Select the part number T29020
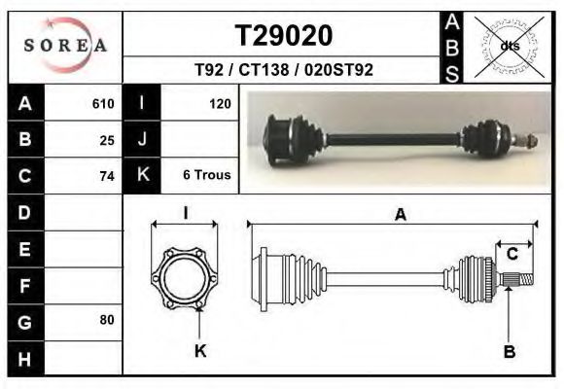pyautogui.click(x=284, y=35)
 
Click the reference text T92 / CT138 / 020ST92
pyautogui.click(x=284, y=70)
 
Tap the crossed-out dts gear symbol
pyautogui.click(x=509, y=46)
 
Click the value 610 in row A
pyautogui.click(x=103, y=103)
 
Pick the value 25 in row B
pyautogui.click(x=107, y=139)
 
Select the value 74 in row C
pyautogui.click(x=107, y=176)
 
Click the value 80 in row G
pyautogui.click(x=107, y=319)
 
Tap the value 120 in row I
pyautogui.click(x=219, y=103)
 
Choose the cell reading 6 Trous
pyautogui.click(x=206, y=176)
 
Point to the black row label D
pyautogui.click(x=24, y=212)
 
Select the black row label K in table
pyautogui.click(x=142, y=176)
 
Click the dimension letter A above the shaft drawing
pyautogui.click(x=400, y=216)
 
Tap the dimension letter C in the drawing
pyautogui.click(x=511, y=255)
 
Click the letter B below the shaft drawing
pyautogui.click(x=509, y=352)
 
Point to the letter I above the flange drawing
pyautogui.click(x=185, y=212)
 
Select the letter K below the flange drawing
pyautogui.click(x=200, y=351)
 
